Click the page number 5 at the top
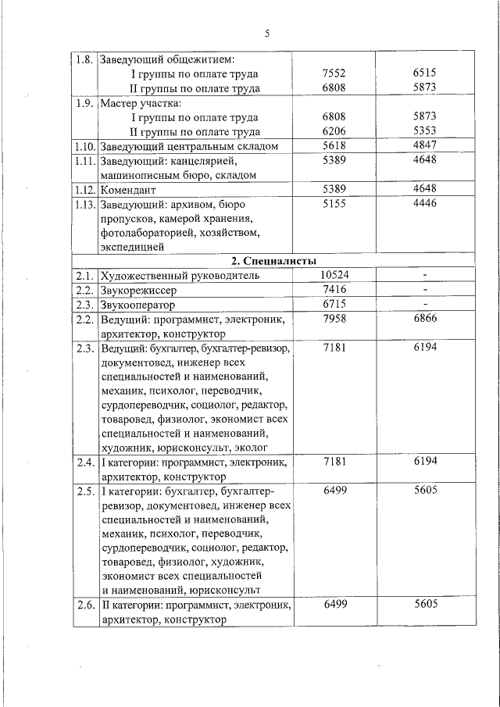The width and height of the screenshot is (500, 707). pos(267,34)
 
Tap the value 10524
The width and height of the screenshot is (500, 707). pos(334,275)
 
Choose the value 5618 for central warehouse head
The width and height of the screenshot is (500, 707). pos(334,146)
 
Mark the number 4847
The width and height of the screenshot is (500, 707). pos(424,146)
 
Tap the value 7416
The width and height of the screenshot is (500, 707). pos(334,290)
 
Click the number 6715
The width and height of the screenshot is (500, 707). pos(334,305)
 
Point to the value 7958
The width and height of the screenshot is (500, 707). pos(334,320)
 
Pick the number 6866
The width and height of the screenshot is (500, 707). pos(424,320)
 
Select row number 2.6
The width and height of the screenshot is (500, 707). pos(84,605)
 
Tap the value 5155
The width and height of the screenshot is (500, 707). pos(334,204)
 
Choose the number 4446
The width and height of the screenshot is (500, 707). pos(424,204)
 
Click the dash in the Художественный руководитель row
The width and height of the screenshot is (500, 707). pos(424,276)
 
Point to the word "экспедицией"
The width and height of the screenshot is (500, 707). pos(132,248)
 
